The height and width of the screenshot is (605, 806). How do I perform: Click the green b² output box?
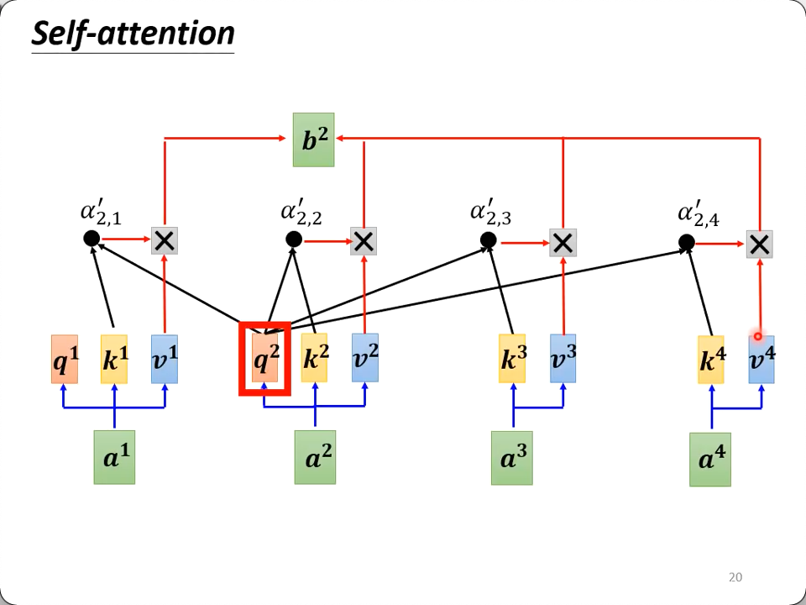(313, 139)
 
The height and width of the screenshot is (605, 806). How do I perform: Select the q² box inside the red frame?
(265, 359)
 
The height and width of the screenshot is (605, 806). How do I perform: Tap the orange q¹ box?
(65, 359)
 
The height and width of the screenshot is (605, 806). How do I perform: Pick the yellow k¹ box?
(114, 359)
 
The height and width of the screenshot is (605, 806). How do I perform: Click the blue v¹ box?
(165, 359)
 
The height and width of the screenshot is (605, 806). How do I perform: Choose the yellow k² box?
(315, 358)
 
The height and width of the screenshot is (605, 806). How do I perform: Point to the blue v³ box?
(563, 358)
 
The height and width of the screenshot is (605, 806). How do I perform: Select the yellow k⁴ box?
(711, 360)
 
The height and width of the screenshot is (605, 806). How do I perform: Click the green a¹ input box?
(114, 457)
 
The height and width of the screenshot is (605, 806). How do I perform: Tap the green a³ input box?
(512, 458)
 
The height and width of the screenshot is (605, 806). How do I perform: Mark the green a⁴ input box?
(710, 460)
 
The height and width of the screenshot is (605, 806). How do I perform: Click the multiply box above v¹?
(165, 241)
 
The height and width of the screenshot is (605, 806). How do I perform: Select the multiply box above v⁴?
(760, 244)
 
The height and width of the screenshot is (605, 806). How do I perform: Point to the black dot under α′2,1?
(92, 239)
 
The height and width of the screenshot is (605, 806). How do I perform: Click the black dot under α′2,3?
(489, 241)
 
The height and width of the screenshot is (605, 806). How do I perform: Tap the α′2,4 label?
(698, 215)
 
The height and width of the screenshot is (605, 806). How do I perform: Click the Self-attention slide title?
(133, 34)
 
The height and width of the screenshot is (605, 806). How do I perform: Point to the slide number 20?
(735, 577)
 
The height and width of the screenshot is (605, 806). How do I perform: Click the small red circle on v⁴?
(757, 337)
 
